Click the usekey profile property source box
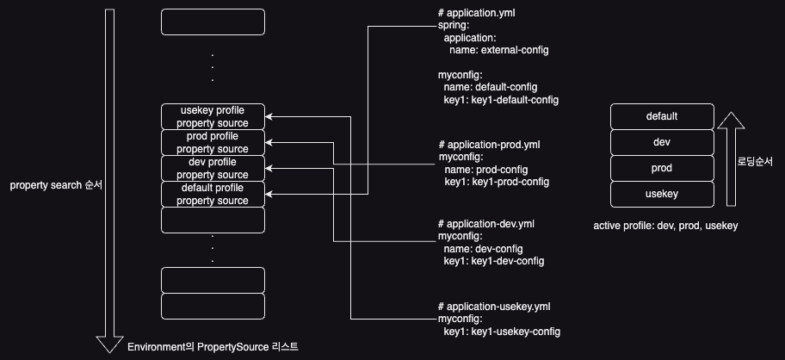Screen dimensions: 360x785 point(213,117)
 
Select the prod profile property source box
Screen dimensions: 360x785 point(213,143)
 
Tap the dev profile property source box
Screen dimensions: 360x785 point(213,169)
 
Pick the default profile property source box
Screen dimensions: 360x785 point(213,195)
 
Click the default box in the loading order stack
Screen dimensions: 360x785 point(662,116)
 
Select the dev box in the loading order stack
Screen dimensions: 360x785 point(662,142)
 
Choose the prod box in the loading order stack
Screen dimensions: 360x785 point(662,168)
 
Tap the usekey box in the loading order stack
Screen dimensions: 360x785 point(662,194)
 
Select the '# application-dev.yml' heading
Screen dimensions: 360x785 point(486,223)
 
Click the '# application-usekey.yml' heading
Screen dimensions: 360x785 point(493,307)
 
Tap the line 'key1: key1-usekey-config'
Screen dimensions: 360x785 point(503,332)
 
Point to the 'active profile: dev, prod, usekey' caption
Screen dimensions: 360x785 point(665,226)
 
